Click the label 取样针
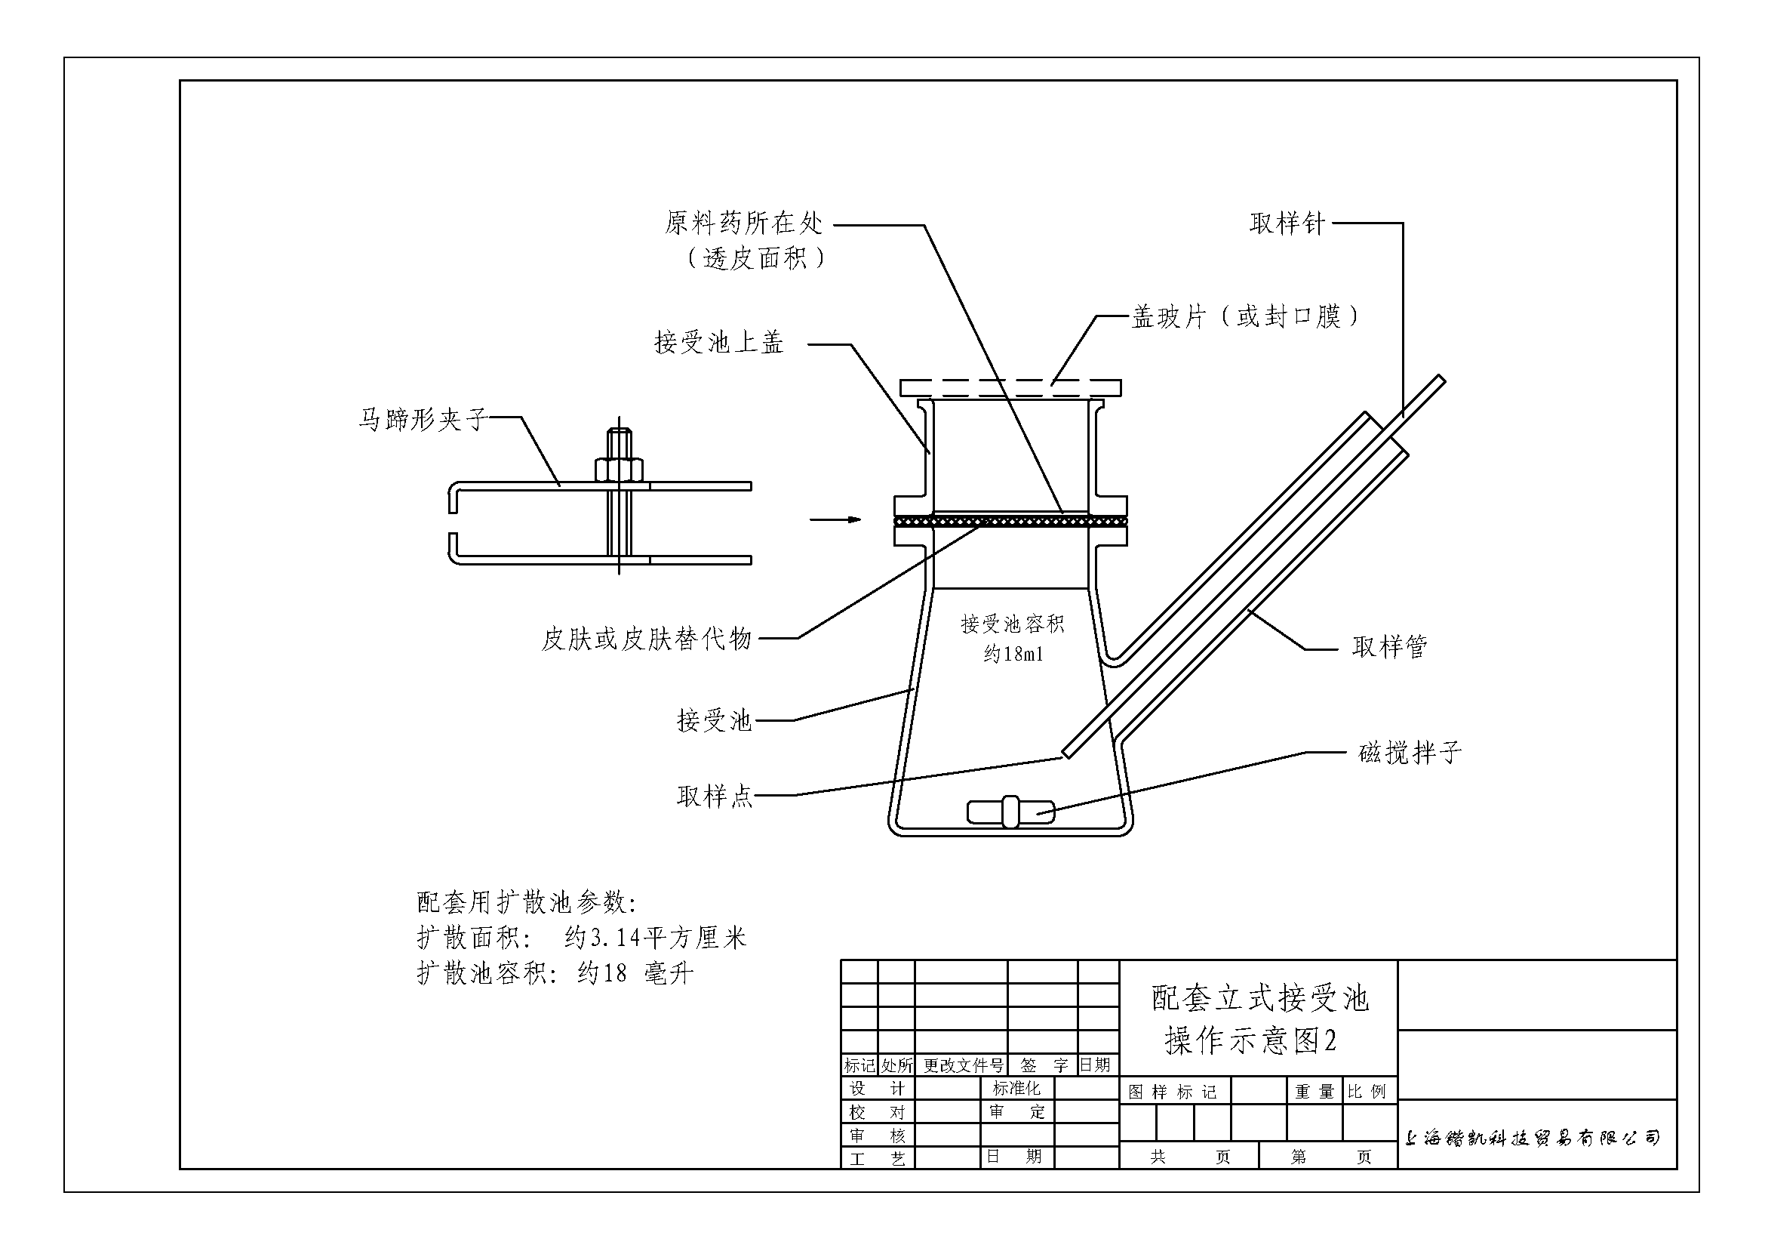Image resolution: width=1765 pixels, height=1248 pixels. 1287,223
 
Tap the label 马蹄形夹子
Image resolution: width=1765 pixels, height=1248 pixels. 423,419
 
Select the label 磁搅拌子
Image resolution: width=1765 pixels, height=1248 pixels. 1410,752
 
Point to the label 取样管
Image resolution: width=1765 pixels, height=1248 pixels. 1389,647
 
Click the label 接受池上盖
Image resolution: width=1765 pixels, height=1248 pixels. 719,342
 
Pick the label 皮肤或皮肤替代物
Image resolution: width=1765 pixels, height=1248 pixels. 647,639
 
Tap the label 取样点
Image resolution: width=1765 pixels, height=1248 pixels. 714,796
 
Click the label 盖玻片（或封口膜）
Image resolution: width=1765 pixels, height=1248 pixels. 1245,316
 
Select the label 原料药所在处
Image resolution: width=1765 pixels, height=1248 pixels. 743,223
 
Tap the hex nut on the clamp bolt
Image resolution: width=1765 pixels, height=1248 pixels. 619,469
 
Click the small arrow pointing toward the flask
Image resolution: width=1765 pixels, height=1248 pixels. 835,519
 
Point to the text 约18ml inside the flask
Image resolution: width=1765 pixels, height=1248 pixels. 1013,655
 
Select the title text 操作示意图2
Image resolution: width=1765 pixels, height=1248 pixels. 1251,1040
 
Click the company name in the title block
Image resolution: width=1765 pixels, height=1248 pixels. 1531,1138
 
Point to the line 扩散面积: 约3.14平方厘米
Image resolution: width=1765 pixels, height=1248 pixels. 582,938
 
